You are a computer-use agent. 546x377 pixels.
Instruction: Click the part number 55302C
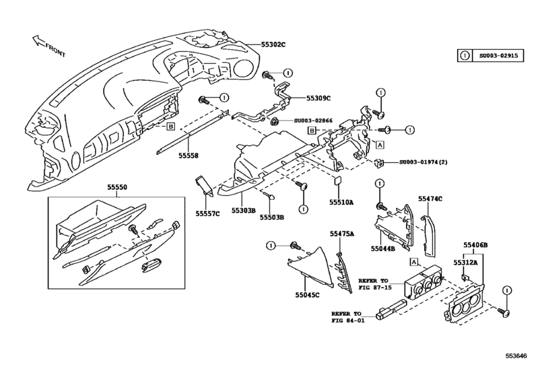255,44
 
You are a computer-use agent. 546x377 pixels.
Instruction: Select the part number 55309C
318,98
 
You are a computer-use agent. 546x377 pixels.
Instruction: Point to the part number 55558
189,156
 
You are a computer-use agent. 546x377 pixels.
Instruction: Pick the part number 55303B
244,211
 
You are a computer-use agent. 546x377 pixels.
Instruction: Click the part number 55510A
342,201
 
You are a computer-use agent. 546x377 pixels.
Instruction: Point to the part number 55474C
430,199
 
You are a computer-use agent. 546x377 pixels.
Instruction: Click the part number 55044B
383,248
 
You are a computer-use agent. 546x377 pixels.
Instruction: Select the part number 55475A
342,234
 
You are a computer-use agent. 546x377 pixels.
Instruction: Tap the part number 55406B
475,245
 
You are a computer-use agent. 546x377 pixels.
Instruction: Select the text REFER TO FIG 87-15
374,283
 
